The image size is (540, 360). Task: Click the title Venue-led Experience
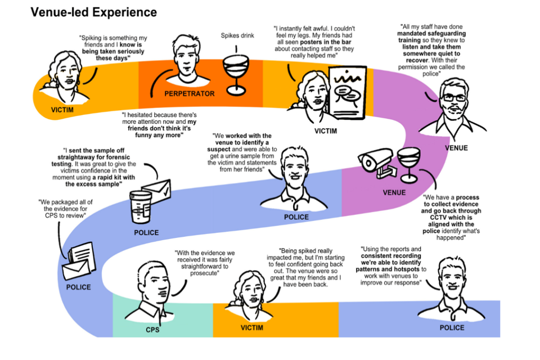[93, 12]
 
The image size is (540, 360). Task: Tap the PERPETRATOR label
[189, 93]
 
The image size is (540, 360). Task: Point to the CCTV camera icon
[375, 161]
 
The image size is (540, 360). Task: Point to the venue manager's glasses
[453, 97]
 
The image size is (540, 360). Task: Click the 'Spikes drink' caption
[237, 35]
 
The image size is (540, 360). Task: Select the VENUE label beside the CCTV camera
[394, 192]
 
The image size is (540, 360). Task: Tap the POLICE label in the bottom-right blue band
[452, 327]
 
